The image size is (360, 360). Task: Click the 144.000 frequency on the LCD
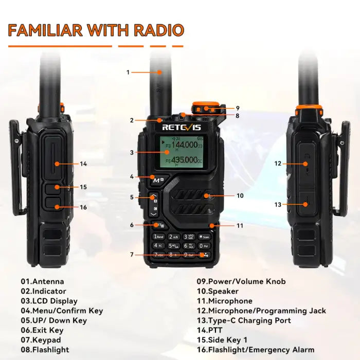(x=184, y=146)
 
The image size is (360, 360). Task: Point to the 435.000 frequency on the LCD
(x=184, y=161)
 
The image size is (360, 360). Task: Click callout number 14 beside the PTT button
(x=83, y=164)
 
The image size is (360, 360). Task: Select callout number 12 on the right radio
(x=278, y=164)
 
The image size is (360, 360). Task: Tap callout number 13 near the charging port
(x=278, y=204)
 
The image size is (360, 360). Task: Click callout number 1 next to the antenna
(x=128, y=72)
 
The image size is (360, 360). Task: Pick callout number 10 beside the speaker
(x=240, y=195)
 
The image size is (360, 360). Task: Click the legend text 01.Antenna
(x=43, y=281)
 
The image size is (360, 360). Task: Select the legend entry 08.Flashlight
(x=45, y=350)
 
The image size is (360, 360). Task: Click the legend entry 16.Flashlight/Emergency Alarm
(x=256, y=350)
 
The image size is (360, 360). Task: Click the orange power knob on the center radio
(x=202, y=107)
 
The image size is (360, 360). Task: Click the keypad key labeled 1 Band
(x=159, y=237)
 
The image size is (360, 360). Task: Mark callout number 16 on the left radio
(x=83, y=207)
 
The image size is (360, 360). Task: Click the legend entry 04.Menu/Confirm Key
(x=62, y=311)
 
